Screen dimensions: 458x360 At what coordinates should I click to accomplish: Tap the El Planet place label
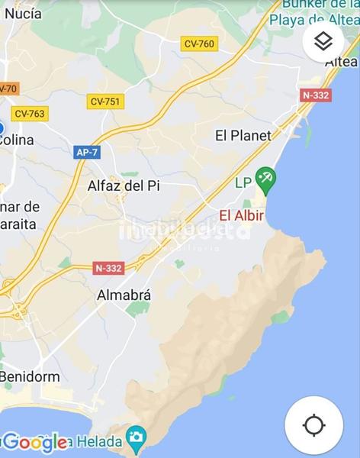(x=243, y=136)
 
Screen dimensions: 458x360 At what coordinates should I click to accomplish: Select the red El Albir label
(x=242, y=215)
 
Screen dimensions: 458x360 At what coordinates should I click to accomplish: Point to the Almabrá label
(x=124, y=295)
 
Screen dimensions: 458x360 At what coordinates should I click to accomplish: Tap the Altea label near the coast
(x=341, y=61)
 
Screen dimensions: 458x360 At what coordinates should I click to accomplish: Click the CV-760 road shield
(x=199, y=44)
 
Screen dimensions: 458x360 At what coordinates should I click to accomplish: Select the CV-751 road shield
(x=105, y=101)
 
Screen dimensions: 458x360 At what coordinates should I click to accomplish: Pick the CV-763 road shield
(x=30, y=113)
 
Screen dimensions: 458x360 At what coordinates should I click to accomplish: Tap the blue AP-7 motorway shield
(x=87, y=152)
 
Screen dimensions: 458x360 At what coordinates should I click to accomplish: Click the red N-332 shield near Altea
(x=316, y=95)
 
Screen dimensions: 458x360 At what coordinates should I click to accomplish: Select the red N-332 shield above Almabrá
(x=109, y=268)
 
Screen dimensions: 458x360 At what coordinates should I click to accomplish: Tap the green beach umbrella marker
(x=265, y=181)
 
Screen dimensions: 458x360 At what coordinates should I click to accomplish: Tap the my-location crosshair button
(x=313, y=424)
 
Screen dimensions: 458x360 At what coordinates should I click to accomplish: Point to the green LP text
(x=243, y=182)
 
